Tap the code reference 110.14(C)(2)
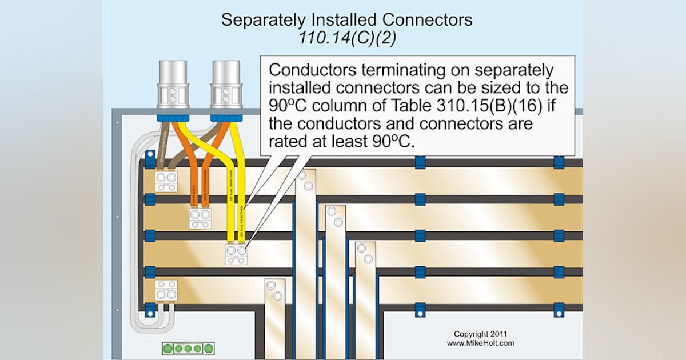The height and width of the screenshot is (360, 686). coord(346,38)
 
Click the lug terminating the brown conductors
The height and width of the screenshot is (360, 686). coord(166,182)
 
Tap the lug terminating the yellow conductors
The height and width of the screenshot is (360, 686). coord(236,254)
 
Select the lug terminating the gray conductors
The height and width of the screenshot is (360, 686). coord(166,290)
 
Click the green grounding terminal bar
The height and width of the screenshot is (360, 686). coord(189,348)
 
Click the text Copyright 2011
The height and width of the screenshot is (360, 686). coord(480,334)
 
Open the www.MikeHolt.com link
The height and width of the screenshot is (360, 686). coord(480,343)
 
